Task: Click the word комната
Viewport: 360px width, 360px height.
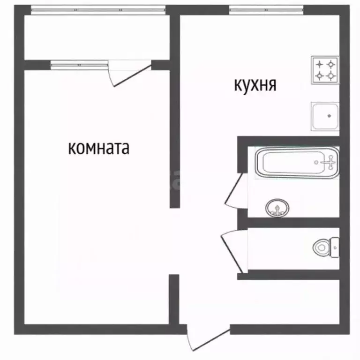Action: click(99, 149)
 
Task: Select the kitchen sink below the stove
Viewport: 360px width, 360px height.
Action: click(324, 115)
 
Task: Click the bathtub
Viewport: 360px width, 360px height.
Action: click(296, 163)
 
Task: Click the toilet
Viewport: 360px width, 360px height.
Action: click(326, 247)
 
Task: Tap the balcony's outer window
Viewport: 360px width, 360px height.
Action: click(98, 9)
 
